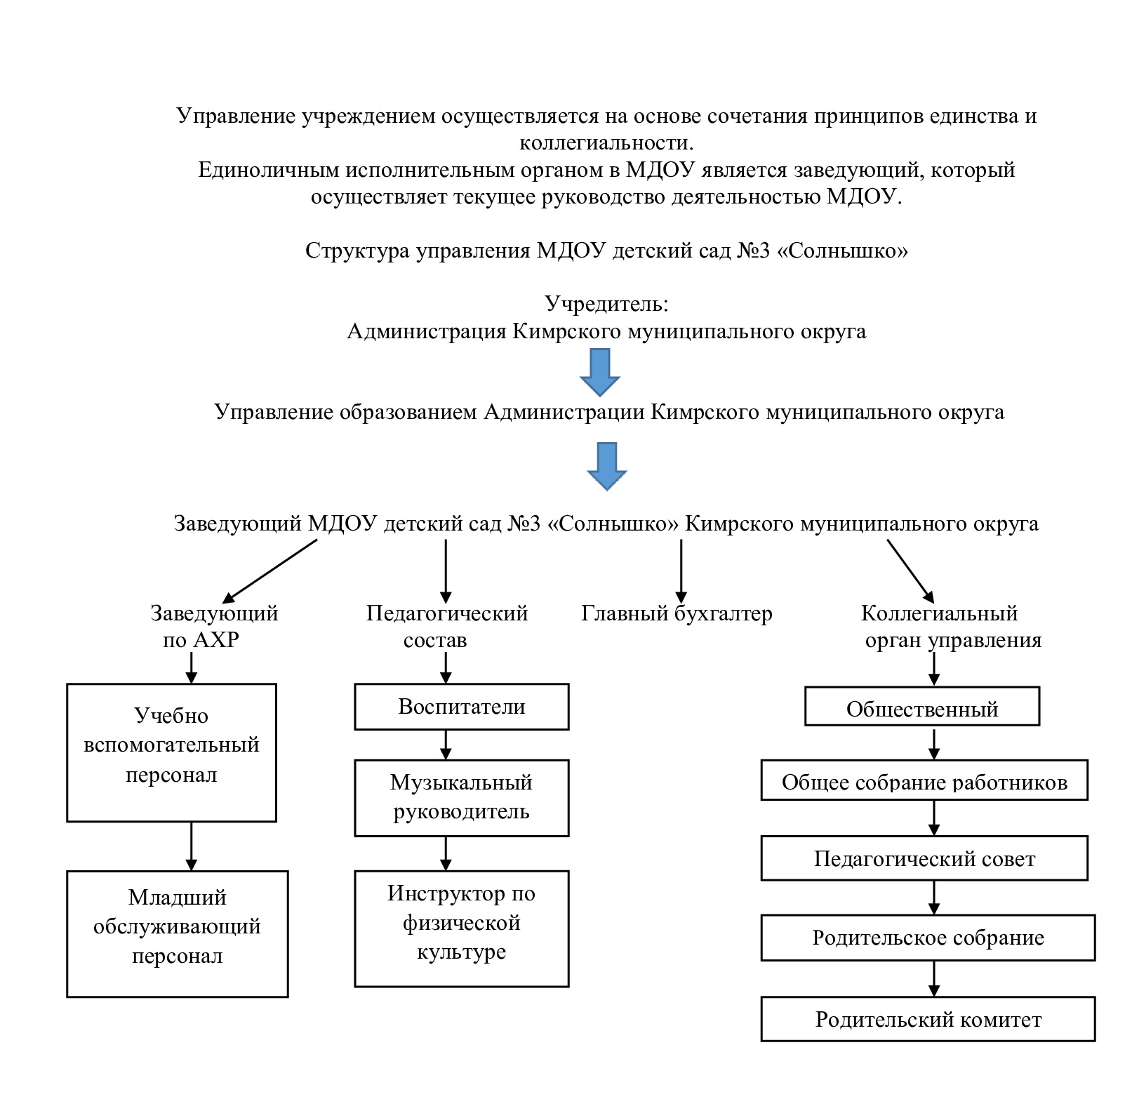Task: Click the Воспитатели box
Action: pyautogui.click(x=461, y=707)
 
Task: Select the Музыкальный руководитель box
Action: pyautogui.click(x=461, y=798)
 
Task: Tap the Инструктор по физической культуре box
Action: pyautogui.click(x=461, y=929)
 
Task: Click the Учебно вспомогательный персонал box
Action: pyautogui.click(x=171, y=752)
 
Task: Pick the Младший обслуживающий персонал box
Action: pyautogui.click(x=177, y=933)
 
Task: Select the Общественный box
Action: pyautogui.click(x=921, y=706)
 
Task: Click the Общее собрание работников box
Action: pyautogui.click(x=924, y=780)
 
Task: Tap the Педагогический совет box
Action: pyautogui.click(x=924, y=858)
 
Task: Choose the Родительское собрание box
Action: pyautogui.click(x=928, y=937)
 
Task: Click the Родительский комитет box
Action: pyautogui.click(x=928, y=1018)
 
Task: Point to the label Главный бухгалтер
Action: pyautogui.click(x=677, y=613)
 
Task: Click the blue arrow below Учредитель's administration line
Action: pyautogui.click(x=600, y=372)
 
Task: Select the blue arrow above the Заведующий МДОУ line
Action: pyautogui.click(x=606, y=466)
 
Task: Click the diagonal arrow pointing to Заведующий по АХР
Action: pyautogui.click(x=270, y=571)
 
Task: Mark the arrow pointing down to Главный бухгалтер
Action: pyautogui.click(x=679, y=570)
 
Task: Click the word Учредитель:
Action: pyautogui.click(x=606, y=304)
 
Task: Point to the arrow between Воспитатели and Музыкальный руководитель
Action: pyautogui.click(x=445, y=745)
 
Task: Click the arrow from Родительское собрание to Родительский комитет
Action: pyautogui.click(x=933, y=978)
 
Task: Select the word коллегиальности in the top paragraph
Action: pyautogui.click(x=606, y=142)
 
